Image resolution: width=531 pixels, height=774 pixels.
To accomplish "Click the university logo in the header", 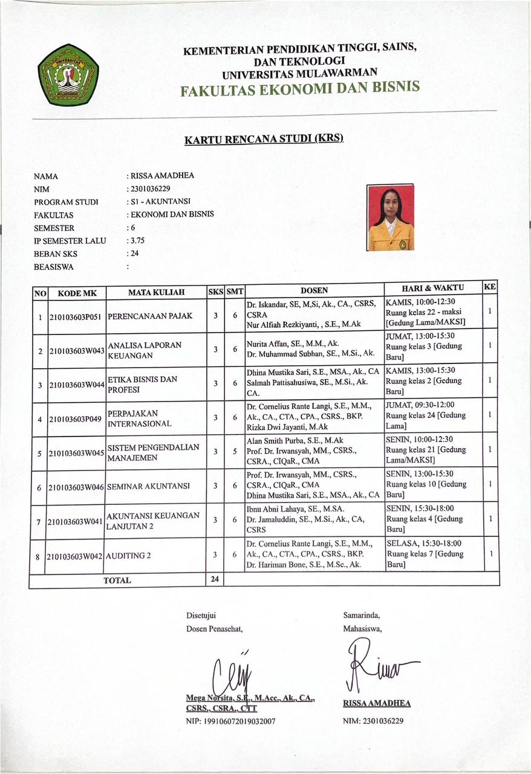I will [x=68, y=74].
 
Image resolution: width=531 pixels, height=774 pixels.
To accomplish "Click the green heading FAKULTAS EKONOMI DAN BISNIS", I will [x=299, y=88].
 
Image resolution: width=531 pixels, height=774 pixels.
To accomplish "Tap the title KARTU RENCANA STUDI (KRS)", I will [x=264, y=139].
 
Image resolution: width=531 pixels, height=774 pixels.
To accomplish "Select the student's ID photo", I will [x=391, y=218].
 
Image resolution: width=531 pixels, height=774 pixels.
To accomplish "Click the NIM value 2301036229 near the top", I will [x=149, y=189].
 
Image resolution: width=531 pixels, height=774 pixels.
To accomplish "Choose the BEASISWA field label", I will [x=54, y=266].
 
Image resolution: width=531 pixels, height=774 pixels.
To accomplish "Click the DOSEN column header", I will [x=314, y=290].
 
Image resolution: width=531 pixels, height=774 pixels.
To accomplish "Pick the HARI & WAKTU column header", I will [x=432, y=288].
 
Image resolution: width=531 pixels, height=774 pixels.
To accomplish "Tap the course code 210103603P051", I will [x=77, y=316].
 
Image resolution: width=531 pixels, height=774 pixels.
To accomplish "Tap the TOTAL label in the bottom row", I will [x=117, y=580].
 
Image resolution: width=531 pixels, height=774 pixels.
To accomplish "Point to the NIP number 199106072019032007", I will [x=231, y=721].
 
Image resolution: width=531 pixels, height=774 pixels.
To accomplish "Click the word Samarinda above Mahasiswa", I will [x=362, y=616].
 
